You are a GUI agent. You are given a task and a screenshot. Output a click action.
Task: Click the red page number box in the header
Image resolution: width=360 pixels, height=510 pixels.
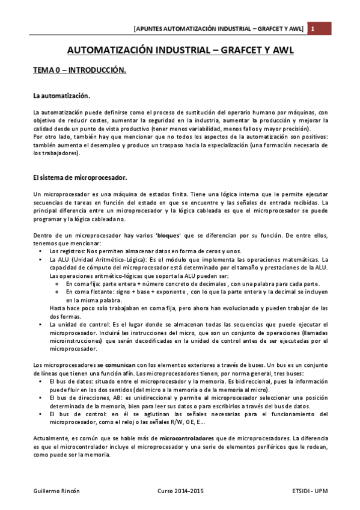click(x=313, y=28)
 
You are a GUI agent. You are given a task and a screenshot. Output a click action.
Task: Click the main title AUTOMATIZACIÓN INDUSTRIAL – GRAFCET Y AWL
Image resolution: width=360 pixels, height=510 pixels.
click(x=179, y=51)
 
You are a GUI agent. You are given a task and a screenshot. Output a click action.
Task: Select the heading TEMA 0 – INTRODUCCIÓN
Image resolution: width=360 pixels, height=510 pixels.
click(x=79, y=70)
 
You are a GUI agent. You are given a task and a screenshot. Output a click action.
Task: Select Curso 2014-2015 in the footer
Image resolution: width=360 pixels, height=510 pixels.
click(x=180, y=491)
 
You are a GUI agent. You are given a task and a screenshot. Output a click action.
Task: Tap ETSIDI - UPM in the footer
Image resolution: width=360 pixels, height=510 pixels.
click(x=307, y=491)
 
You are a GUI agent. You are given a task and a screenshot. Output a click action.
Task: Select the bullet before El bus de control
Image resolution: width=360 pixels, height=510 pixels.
click(x=40, y=414)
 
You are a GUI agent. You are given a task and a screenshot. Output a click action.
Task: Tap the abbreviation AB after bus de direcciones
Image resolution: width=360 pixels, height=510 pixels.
click(x=106, y=398)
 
